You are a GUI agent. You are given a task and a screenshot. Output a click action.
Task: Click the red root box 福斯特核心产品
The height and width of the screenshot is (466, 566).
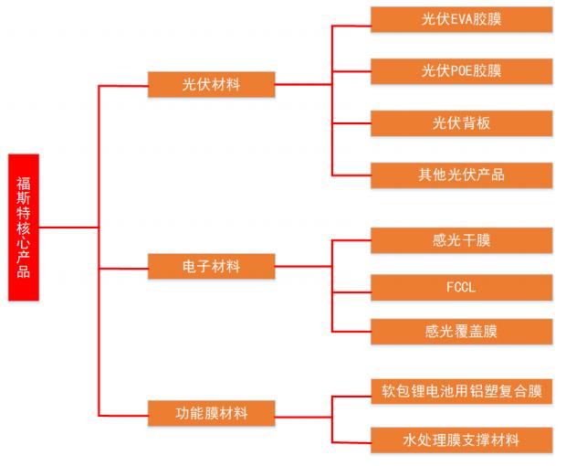(x=23, y=228)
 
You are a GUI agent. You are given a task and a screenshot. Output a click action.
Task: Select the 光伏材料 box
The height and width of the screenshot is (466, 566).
(x=211, y=86)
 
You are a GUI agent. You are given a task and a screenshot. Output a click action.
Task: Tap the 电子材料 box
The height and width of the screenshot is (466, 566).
(x=211, y=267)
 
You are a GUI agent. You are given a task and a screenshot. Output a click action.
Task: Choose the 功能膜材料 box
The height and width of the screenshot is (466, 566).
(x=211, y=413)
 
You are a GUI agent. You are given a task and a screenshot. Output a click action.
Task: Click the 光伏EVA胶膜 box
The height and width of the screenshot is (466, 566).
(x=461, y=19)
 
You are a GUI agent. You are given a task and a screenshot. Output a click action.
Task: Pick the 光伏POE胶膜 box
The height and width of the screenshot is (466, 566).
(x=461, y=70)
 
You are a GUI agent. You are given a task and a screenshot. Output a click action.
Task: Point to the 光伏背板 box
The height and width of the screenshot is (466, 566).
(x=461, y=122)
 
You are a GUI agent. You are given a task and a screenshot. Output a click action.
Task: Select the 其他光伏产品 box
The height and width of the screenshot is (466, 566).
(x=461, y=175)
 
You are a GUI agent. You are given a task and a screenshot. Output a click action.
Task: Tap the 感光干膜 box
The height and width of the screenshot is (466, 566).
(x=461, y=240)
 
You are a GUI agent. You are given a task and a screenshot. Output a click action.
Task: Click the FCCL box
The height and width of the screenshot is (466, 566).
(x=461, y=286)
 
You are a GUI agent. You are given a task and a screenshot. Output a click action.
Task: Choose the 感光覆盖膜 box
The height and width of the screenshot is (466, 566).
(x=461, y=332)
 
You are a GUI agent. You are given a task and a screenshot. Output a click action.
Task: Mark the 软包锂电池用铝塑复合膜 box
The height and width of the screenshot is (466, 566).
(x=461, y=391)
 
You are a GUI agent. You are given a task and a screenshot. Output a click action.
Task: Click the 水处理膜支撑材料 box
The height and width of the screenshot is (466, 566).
(x=461, y=440)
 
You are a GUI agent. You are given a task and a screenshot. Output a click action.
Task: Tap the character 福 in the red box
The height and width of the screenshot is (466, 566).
(x=23, y=170)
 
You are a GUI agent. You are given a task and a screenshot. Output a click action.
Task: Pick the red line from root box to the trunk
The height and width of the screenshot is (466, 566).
(x=68, y=227)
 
